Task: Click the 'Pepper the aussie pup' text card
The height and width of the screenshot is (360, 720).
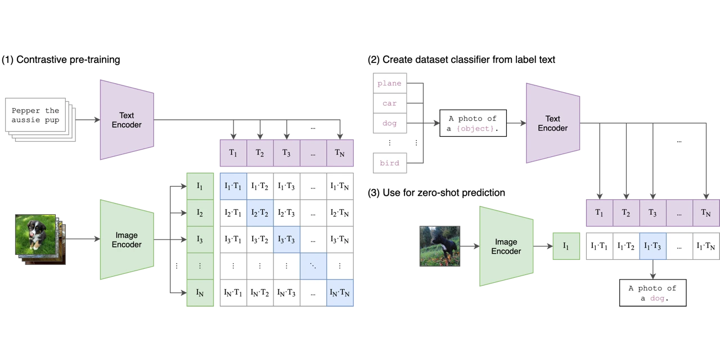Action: click(36, 115)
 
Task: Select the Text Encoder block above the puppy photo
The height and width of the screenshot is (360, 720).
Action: click(127, 120)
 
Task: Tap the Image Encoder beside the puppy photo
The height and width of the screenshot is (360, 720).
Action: click(127, 240)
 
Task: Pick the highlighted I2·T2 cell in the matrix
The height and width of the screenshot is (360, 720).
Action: click(260, 213)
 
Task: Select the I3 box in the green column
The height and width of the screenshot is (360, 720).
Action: click(200, 240)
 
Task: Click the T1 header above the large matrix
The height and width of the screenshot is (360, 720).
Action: click(233, 152)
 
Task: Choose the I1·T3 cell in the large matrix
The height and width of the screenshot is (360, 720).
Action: click(287, 186)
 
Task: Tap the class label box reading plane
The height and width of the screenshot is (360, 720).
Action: click(389, 83)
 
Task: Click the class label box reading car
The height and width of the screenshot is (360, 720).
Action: click(389, 103)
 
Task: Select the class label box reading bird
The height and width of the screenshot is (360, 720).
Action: click(389, 163)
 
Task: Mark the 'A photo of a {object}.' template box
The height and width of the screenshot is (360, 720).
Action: click(472, 124)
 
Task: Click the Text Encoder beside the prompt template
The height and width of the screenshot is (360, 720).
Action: click(552, 123)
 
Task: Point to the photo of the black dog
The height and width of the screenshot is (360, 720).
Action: click(441, 245)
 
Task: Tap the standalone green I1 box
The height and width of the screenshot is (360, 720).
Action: click(566, 246)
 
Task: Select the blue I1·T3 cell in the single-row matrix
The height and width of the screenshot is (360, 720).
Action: click(652, 246)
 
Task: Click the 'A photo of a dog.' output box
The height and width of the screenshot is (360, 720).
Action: click(652, 292)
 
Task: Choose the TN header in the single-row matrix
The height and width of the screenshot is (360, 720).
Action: click(706, 213)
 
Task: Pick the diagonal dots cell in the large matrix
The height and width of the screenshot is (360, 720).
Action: click(314, 266)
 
